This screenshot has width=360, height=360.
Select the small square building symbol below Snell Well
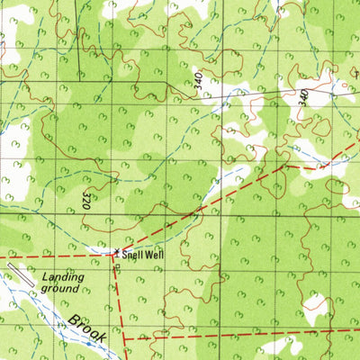tap(116, 266)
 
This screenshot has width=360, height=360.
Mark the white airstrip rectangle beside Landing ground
tap(24, 276)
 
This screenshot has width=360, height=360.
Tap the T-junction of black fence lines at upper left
tap(77, 82)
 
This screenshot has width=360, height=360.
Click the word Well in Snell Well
tap(155, 255)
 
